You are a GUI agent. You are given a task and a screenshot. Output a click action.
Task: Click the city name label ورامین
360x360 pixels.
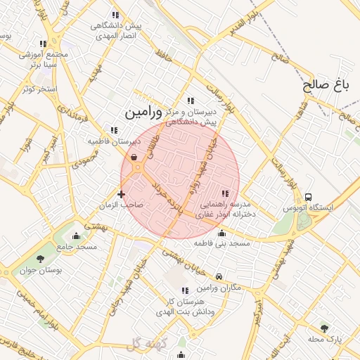[143, 112]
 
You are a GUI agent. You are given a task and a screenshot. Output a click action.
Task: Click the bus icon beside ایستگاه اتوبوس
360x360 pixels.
[309, 198]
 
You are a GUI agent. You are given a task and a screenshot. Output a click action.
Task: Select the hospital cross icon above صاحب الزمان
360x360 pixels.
[122, 194]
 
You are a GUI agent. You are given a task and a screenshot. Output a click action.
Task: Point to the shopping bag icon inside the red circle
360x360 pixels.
[134, 157]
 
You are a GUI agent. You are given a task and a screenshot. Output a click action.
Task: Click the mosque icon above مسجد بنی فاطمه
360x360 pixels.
[222, 233]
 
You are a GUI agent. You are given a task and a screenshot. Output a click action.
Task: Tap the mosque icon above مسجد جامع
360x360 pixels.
[77, 236]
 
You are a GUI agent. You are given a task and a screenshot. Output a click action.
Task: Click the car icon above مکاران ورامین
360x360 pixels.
[220, 277]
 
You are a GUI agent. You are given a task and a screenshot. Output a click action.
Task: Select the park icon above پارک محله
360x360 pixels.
[324, 328]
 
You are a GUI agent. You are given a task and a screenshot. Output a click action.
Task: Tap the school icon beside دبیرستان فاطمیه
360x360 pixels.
[114, 130]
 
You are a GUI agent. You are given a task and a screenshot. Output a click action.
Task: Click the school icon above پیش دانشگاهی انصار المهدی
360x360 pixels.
[115, 15]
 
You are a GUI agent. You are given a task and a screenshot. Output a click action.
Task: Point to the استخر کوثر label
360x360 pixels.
[39, 89]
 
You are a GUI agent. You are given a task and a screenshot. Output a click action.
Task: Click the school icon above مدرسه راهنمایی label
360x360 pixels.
[225, 193]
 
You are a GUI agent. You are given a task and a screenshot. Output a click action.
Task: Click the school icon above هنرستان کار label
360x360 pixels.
[185, 290]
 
